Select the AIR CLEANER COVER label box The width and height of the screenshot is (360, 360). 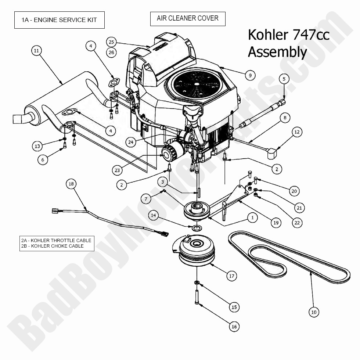coord(187,18)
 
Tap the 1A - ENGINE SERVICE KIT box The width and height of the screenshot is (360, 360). coord(60,20)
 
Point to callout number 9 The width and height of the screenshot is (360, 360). coord(250,75)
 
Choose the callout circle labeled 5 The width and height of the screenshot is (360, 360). coord(284,78)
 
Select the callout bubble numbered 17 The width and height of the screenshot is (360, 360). coord(231,276)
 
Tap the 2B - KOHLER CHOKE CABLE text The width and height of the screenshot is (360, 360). coord(53,246)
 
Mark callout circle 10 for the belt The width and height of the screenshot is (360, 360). coord(313,312)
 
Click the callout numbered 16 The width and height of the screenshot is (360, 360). coord(234,326)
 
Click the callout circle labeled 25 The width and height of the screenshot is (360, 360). coord(112,41)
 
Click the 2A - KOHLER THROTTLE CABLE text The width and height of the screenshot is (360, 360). coord(56,240)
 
